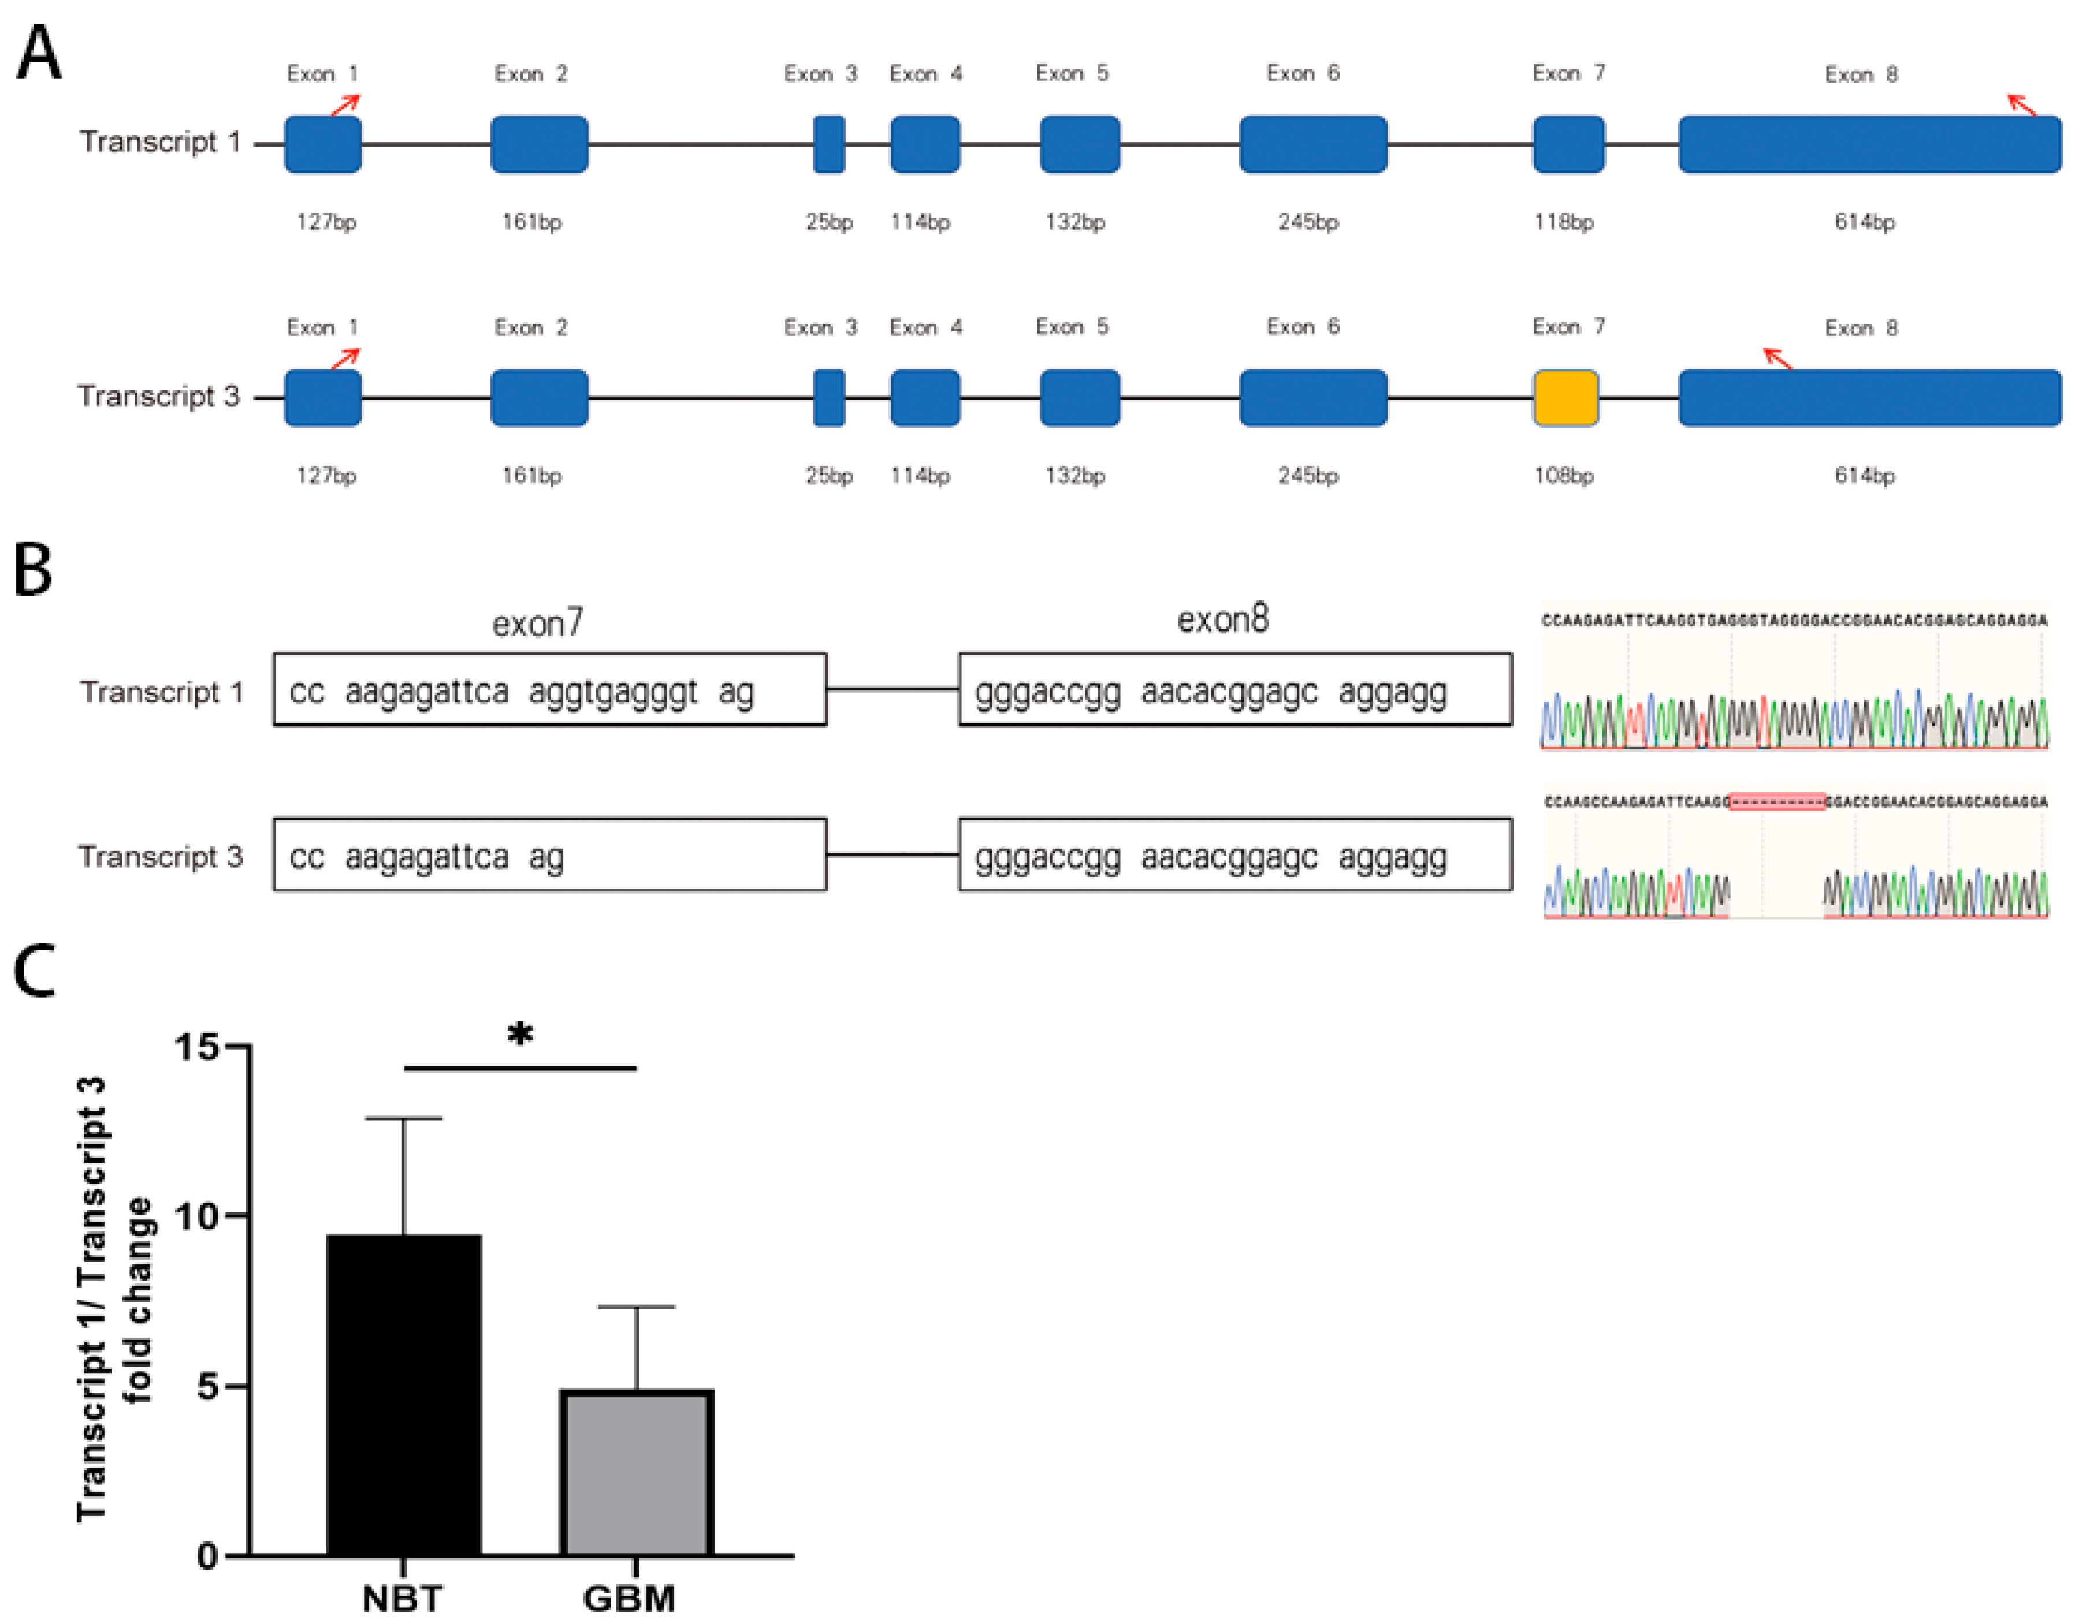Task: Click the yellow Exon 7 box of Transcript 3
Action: click(x=1565, y=398)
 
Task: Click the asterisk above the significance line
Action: click(x=520, y=1034)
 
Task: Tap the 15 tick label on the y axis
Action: click(x=196, y=1047)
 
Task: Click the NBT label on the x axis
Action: click(x=402, y=1597)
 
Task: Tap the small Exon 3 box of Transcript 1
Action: click(x=828, y=144)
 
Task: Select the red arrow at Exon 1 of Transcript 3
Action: click(x=346, y=358)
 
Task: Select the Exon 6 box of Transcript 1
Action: click(x=1312, y=144)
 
